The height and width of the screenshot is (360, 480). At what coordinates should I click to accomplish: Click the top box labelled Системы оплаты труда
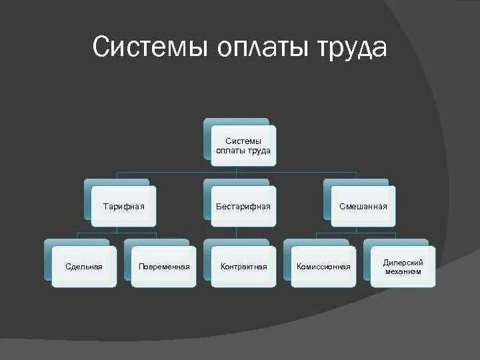pyautogui.click(x=243, y=145)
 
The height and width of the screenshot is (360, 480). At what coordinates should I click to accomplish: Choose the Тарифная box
pyautogui.click(x=123, y=206)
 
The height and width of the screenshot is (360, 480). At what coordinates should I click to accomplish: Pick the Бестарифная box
pyautogui.click(x=243, y=206)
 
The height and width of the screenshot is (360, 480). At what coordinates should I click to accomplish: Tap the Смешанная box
pyautogui.click(x=363, y=206)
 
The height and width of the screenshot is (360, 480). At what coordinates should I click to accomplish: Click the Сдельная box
pyautogui.click(x=84, y=267)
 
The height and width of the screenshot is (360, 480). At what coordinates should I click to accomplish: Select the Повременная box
pyautogui.click(x=163, y=267)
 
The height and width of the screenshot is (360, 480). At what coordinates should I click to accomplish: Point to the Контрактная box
pyautogui.click(x=243, y=267)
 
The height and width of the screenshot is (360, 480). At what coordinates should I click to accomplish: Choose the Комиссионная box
pyautogui.click(x=323, y=267)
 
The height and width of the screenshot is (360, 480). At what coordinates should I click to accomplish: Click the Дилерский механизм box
pyautogui.click(x=403, y=267)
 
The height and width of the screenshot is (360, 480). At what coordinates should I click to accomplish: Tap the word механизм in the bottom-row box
pyautogui.click(x=403, y=271)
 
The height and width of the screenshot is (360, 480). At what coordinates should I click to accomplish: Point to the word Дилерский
pyautogui.click(x=403, y=263)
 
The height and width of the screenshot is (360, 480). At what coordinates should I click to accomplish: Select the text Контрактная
pyautogui.click(x=243, y=267)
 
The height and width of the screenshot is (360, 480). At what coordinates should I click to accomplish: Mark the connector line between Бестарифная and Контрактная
pyautogui.click(x=237, y=233)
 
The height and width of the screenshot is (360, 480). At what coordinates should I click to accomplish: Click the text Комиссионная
pyautogui.click(x=323, y=267)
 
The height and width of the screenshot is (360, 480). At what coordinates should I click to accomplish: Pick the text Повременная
pyautogui.click(x=163, y=267)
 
